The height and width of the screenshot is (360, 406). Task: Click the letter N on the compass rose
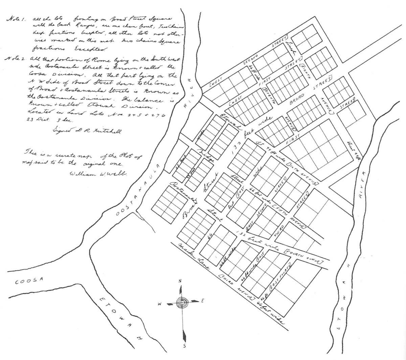(x=180, y=281)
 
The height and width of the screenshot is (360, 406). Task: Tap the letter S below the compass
(x=185, y=346)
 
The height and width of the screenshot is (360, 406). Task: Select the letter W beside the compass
(x=159, y=304)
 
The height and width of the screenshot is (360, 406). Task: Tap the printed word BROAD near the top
(x=296, y=99)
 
